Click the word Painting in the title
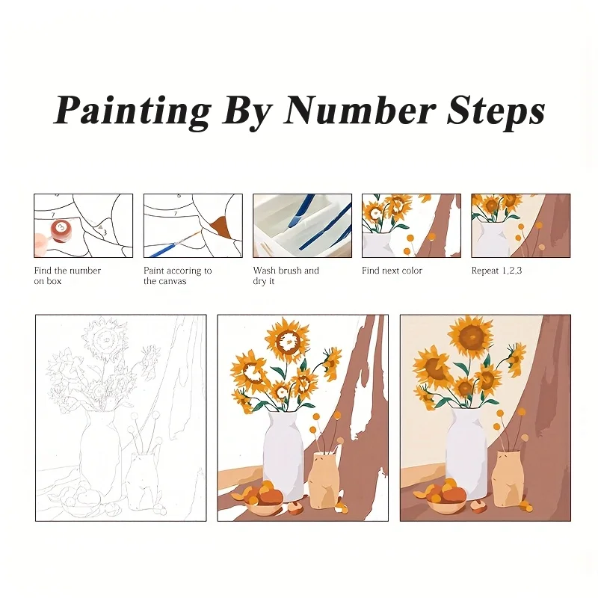pyautogui.click(x=132, y=111)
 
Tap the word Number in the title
pyautogui.click(x=360, y=111)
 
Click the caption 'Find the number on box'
pyautogui.click(x=67, y=276)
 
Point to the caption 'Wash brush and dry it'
pyautogui.click(x=286, y=276)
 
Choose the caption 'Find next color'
pyautogui.click(x=392, y=271)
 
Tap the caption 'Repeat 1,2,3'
pyautogui.click(x=496, y=271)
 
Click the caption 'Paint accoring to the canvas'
pyautogui.click(x=177, y=276)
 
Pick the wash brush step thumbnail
pyautogui.click(x=302, y=226)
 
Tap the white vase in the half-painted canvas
pyautogui.click(x=283, y=456)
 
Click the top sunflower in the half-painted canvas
pyautogui.click(x=287, y=341)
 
